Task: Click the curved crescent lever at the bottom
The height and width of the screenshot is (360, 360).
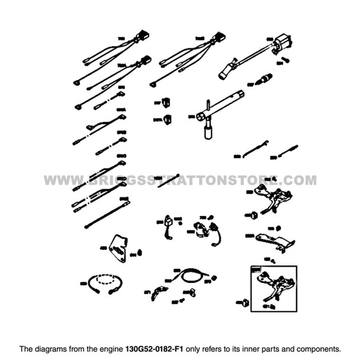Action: pyautogui.click(x=156, y=291)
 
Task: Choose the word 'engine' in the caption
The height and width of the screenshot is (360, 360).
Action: pyautogui.click(x=110, y=348)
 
